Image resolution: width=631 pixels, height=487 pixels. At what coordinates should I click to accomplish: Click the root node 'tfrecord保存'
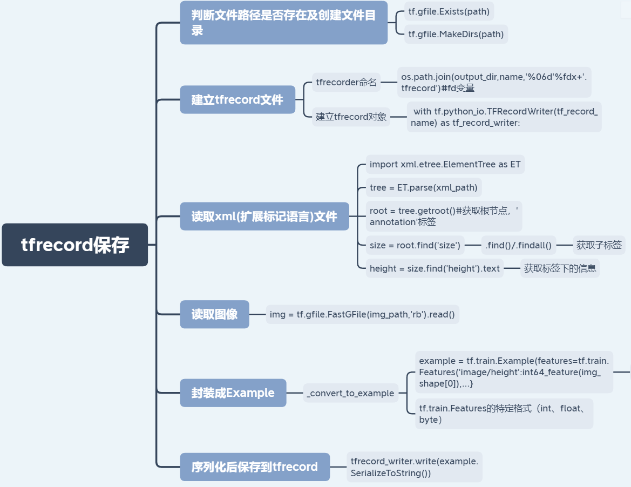(x=75, y=245)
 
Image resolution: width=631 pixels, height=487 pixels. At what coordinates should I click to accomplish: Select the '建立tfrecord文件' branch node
(x=238, y=100)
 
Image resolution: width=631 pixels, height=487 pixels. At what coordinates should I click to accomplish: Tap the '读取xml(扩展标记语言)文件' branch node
(x=264, y=217)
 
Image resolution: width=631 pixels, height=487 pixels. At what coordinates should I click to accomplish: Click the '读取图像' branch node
(x=214, y=314)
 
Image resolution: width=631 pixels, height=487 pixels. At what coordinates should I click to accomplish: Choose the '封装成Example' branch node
(x=233, y=393)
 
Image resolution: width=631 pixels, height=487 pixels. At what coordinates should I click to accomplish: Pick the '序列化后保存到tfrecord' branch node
(x=255, y=466)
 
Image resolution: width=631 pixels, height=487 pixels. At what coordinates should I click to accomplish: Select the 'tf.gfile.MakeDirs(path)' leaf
(x=456, y=34)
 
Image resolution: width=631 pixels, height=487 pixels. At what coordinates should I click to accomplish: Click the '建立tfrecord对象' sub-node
(x=351, y=117)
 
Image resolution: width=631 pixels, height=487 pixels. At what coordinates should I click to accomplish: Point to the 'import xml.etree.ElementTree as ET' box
(x=445, y=164)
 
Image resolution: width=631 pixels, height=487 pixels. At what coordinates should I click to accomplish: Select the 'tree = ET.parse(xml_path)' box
(x=424, y=187)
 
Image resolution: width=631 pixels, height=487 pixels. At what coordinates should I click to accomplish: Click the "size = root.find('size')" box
(x=415, y=245)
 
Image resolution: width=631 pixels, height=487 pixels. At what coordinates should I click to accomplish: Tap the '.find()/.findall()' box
(x=518, y=245)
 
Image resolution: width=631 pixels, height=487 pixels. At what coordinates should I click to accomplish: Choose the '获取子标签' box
(x=599, y=245)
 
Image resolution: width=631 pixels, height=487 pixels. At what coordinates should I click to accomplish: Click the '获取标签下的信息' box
(x=560, y=268)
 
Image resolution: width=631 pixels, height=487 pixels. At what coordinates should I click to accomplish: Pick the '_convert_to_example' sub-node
(x=350, y=393)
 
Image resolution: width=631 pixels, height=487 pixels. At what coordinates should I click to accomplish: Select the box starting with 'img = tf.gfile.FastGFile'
(x=362, y=314)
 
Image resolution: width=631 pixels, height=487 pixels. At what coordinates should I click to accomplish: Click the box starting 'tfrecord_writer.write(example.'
(x=414, y=467)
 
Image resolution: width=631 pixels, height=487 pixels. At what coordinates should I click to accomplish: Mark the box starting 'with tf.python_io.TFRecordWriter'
(x=504, y=117)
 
